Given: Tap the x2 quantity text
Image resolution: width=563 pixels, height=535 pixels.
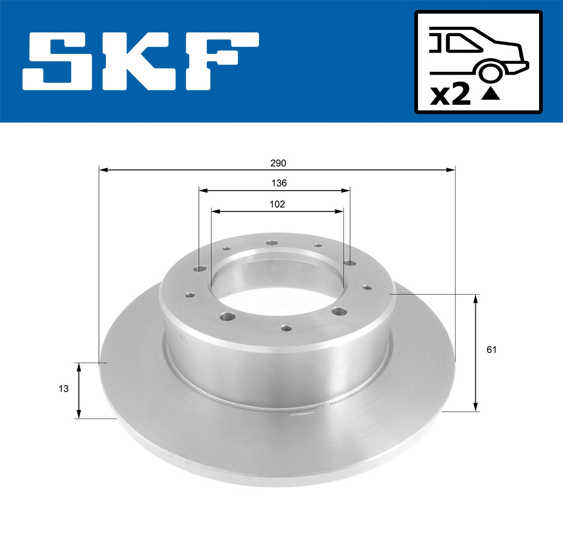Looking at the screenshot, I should (x=450, y=95).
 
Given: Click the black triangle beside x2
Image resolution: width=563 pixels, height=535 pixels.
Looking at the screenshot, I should (x=491, y=94).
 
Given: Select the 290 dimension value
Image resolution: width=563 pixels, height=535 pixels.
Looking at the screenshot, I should (x=278, y=163).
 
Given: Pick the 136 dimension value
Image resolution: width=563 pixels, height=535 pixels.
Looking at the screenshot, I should (x=279, y=183).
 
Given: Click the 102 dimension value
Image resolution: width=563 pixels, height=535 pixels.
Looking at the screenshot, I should (x=277, y=204).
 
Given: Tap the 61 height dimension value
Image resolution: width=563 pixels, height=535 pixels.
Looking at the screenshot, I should (x=491, y=349).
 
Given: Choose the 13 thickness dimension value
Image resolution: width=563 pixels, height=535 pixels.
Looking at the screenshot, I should (x=63, y=389).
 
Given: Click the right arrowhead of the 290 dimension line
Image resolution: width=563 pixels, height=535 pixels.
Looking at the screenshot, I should (x=451, y=169).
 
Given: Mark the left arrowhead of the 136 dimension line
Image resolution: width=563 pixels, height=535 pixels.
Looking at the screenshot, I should (x=203, y=190).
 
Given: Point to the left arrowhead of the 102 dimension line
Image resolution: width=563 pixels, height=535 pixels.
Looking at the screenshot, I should (x=215, y=212).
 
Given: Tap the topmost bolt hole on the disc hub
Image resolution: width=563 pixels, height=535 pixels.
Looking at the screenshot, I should (x=272, y=243).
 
